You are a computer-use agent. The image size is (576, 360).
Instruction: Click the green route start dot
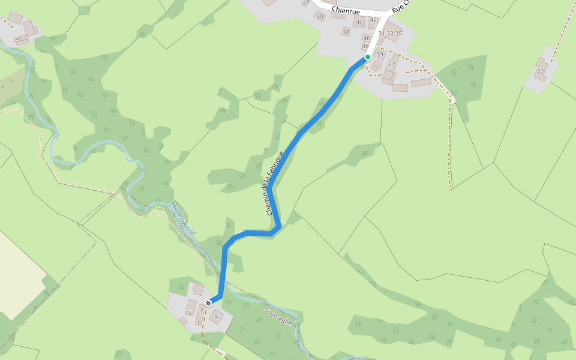click(367, 57)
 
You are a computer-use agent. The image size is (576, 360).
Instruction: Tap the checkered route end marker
click(208, 303)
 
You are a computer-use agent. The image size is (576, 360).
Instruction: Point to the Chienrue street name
click(345, 10)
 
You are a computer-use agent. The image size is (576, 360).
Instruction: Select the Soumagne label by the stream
click(278, 316)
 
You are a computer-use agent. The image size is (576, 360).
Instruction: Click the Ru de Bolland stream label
click(182, 218)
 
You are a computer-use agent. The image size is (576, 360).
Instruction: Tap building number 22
click(541, 71)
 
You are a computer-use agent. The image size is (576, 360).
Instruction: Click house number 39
click(379, 55)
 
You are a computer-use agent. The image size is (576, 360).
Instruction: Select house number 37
click(392, 65)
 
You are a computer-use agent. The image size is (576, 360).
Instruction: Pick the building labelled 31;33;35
click(390, 34)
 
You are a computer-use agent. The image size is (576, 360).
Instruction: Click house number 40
click(359, 23)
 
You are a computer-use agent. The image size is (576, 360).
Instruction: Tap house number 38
click(346, 32)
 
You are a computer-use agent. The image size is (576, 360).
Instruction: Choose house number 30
click(320, 16)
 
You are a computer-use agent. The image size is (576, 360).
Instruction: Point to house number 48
click(365, 46)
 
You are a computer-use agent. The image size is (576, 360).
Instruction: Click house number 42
click(373, 20)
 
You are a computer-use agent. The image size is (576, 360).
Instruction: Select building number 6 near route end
click(216, 316)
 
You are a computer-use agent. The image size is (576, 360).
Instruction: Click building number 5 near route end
click(190, 313)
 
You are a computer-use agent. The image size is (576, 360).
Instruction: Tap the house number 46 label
click(367, 38)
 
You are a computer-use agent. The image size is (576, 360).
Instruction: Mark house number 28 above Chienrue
click(306, 2)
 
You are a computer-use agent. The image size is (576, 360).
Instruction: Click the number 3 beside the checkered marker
click(201, 308)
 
